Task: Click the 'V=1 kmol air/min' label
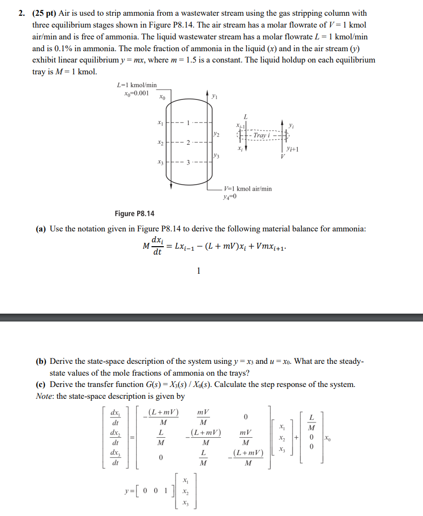point(247,189)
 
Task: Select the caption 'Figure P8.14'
point(134,213)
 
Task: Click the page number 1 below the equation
point(198,270)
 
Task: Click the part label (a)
point(41,229)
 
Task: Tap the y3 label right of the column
point(216,157)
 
